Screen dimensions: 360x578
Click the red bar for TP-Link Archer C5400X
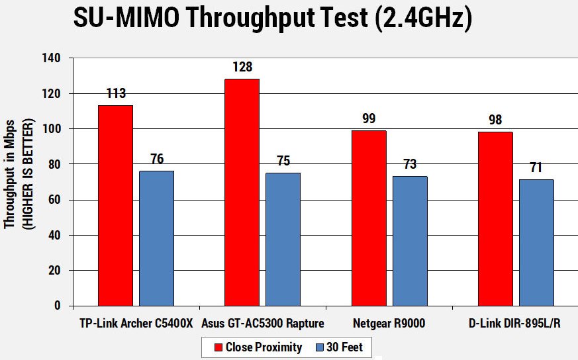tap(115, 205)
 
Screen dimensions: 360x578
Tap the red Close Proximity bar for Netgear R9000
tap(369, 218)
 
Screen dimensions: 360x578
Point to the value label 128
tap(242, 67)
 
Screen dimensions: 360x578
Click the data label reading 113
tap(115, 93)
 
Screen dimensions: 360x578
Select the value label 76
tap(157, 159)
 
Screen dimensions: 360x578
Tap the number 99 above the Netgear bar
tap(369, 119)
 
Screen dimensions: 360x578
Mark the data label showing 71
tap(536, 167)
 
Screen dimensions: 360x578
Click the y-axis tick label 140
tap(51, 58)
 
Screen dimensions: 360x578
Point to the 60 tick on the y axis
tap(54, 200)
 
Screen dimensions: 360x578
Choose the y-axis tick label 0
tap(58, 306)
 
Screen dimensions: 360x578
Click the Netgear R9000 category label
tap(389, 324)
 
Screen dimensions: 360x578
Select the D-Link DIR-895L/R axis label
tap(515, 324)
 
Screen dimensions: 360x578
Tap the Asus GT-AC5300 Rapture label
tap(264, 324)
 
